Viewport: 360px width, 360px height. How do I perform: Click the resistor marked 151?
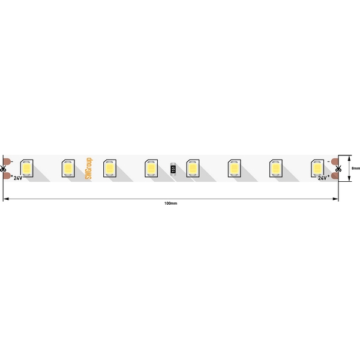point(173,169)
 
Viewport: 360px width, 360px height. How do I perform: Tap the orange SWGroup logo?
point(89,168)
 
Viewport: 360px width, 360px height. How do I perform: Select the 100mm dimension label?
point(170,203)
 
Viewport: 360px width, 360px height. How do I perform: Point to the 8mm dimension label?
point(356,168)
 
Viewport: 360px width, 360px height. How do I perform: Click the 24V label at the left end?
point(18,178)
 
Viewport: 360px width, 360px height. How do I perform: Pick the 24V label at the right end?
point(322,178)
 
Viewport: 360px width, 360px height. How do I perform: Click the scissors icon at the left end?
point(3,169)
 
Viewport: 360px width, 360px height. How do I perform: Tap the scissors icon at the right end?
point(338,169)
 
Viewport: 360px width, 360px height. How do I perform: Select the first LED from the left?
point(26,168)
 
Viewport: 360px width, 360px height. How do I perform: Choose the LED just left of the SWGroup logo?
point(68,168)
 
